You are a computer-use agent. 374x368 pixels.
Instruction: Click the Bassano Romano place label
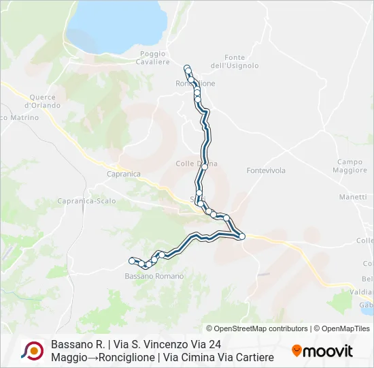coord(154,276)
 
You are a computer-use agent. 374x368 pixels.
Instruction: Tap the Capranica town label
coord(123,174)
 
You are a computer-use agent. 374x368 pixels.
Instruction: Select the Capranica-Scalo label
coord(86,201)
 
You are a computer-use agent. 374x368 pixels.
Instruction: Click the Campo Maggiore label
coord(351,166)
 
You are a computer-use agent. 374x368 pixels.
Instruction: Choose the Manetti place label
coord(353,197)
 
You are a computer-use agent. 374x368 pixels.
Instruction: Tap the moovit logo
coord(322,351)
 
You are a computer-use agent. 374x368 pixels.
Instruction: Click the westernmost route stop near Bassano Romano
coord(131,260)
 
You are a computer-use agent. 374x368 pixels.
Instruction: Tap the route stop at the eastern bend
coord(242,236)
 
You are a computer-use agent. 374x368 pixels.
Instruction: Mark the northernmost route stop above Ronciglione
coord(186,67)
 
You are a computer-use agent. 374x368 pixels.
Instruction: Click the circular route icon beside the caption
coord(32,350)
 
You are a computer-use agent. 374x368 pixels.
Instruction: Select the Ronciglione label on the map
coord(195,83)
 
